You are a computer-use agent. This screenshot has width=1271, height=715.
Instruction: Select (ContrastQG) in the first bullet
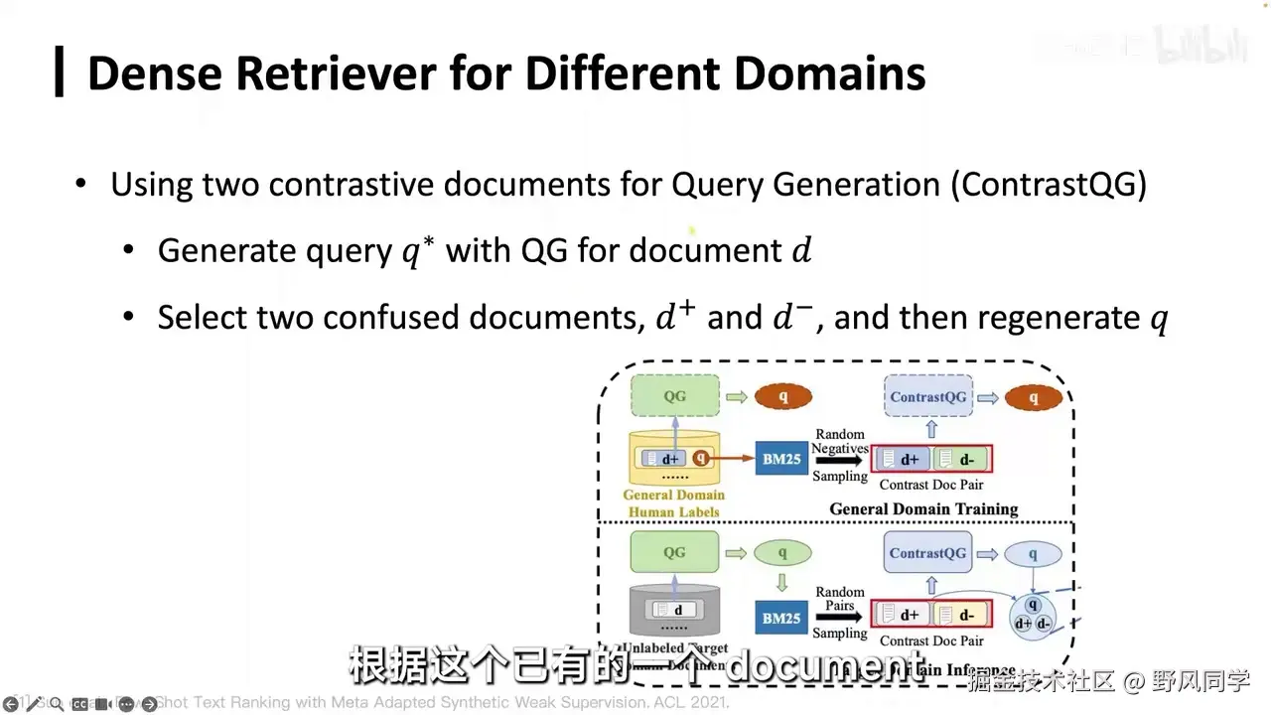coord(1048,185)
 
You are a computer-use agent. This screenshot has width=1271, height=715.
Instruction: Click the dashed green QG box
coord(674,397)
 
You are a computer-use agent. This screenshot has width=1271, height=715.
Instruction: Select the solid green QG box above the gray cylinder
coord(674,552)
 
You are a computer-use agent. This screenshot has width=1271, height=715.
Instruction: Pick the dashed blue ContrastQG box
coord(927,397)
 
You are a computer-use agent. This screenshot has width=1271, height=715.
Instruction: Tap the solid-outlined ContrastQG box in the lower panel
coord(927,553)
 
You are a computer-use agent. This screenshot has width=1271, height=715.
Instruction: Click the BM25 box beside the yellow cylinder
coord(781,459)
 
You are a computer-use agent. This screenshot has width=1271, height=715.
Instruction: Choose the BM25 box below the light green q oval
coord(781,618)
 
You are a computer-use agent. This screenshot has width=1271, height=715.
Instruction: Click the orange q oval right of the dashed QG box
coord(782,397)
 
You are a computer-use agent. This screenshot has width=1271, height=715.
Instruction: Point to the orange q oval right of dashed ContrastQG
coord(1033,398)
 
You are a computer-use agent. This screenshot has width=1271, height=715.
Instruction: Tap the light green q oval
coord(782,553)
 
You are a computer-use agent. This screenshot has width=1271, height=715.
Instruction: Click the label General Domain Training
coord(923,509)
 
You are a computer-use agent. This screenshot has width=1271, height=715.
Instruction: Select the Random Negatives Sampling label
coord(840,455)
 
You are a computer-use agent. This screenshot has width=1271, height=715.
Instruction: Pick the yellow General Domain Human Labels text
coord(674,503)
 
